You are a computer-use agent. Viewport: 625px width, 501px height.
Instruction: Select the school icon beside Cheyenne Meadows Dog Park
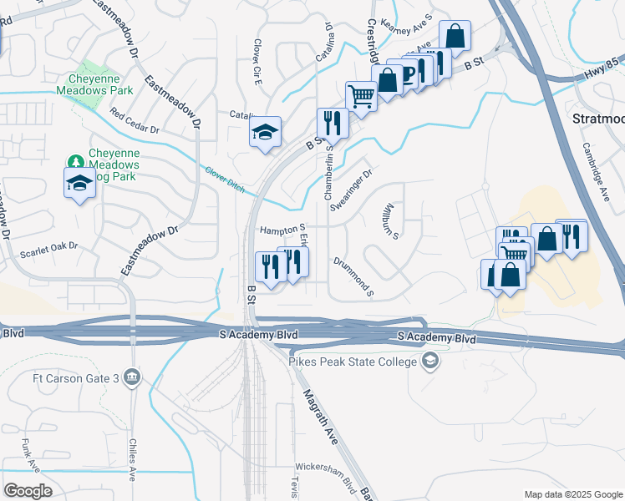click(79, 183)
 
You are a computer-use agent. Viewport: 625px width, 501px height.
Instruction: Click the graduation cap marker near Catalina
click(265, 132)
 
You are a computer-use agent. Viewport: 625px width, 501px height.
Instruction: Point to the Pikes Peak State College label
click(353, 361)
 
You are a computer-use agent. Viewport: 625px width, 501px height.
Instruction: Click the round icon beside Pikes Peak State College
click(431, 361)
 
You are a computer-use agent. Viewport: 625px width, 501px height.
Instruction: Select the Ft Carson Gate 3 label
click(72, 377)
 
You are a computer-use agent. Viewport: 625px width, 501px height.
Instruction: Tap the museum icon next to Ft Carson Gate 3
click(131, 377)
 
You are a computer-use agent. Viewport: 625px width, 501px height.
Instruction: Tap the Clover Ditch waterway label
click(225, 179)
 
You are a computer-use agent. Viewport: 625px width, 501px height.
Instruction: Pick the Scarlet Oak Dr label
click(48, 246)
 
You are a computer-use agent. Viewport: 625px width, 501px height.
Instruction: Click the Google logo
click(28, 490)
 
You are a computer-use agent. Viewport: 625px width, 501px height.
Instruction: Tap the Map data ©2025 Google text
click(572, 494)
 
